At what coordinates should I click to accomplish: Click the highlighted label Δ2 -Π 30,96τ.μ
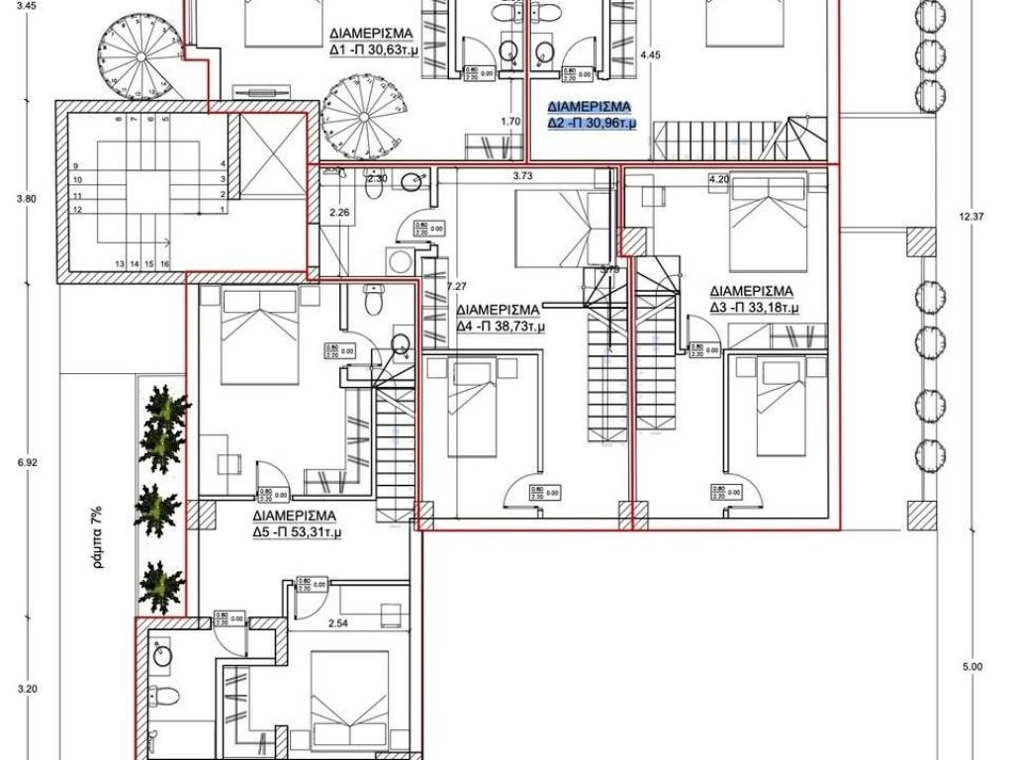(x=593, y=124)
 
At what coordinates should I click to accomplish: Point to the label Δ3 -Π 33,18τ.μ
(x=753, y=309)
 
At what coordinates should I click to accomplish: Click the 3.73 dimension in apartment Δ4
(x=525, y=176)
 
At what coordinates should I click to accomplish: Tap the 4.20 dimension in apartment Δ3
(x=718, y=179)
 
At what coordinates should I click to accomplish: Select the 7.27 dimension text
(x=456, y=287)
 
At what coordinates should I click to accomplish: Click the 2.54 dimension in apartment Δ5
(x=339, y=623)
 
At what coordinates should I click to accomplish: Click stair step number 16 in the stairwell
(x=165, y=264)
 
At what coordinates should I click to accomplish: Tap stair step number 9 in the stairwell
(x=76, y=165)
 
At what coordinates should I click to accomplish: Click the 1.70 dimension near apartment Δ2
(x=510, y=122)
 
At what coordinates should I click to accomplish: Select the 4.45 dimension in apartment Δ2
(x=650, y=55)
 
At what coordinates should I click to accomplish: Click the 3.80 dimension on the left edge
(x=27, y=199)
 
